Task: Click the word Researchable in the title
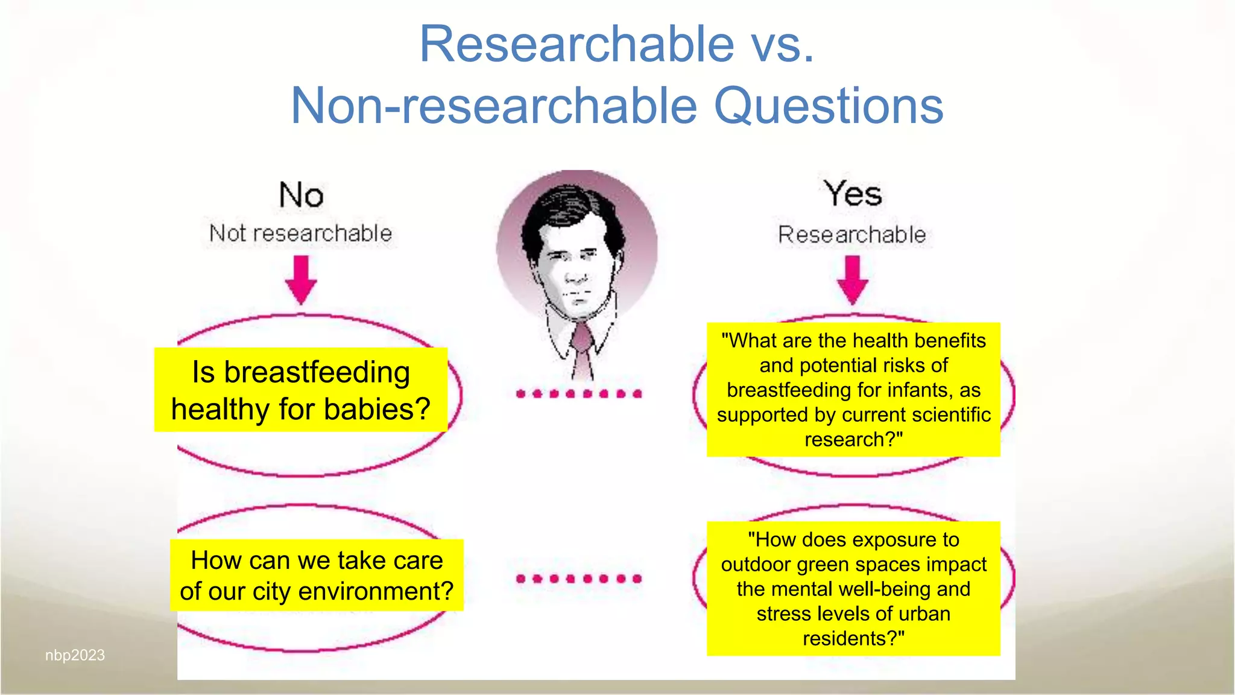click(577, 44)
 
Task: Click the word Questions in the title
click(829, 106)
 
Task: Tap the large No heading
click(301, 195)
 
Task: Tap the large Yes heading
click(853, 194)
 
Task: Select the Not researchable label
click(300, 233)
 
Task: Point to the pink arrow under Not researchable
click(301, 279)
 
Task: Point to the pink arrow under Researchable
click(853, 279)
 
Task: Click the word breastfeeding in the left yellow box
click(317, 372)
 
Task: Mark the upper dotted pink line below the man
click(579, 394)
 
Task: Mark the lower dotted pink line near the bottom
click(579, 579)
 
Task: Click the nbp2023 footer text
click(75, 655)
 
